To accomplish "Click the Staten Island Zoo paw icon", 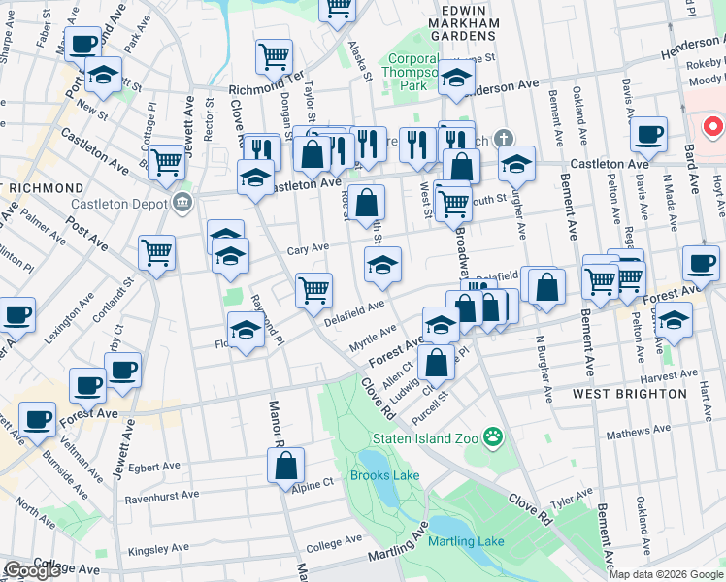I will click(494, 437).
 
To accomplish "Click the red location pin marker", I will click(713, 127).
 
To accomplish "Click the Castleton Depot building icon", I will click(181, 202).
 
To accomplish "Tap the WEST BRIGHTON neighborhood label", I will click(643, 395).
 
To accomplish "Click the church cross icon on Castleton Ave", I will click(500, 139).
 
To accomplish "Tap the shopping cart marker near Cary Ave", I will click(157, 252).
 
